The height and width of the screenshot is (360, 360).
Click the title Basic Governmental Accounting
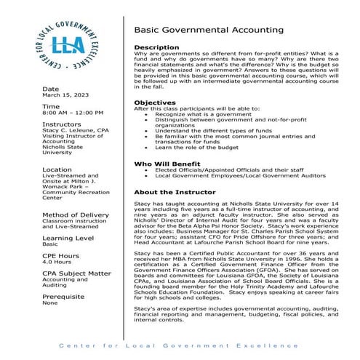(x=209, y=31)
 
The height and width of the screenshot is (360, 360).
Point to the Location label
(x=57, y=169)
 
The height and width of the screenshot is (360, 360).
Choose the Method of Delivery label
(x=76, y=215)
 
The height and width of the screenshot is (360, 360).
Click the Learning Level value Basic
(x=50, y=244)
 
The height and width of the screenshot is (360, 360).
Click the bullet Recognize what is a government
(x=200, y=114)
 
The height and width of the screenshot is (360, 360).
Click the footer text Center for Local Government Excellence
(x=180, y=345)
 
